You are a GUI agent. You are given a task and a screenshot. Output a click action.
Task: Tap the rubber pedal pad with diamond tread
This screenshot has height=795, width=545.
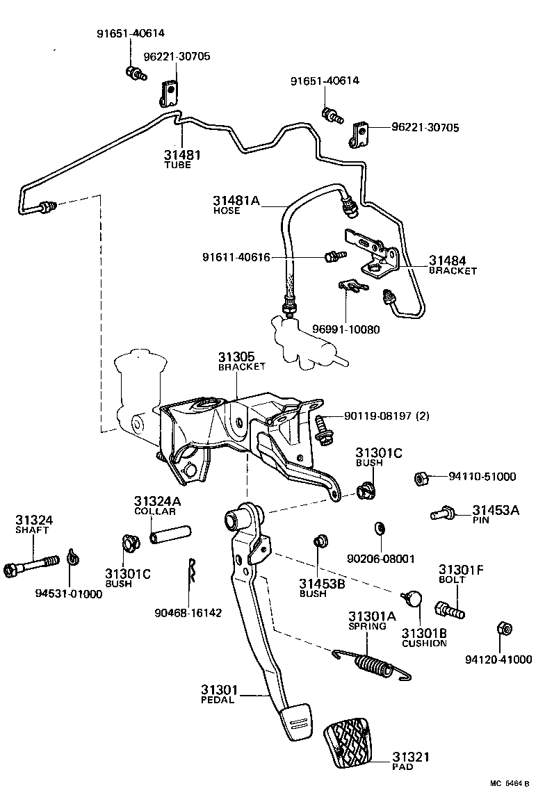355,743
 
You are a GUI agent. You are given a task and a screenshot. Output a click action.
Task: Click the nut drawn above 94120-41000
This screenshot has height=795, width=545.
505,629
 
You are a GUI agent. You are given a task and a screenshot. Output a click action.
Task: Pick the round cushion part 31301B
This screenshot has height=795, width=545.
416,597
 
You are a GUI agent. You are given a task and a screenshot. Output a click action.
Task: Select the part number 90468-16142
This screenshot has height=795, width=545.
188,613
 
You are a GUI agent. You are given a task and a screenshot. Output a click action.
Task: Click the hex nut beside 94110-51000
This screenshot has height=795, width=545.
421,477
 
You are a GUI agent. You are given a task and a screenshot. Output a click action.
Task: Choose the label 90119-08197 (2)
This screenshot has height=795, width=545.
387,416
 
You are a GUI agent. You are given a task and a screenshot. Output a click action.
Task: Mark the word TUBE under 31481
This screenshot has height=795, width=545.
177,165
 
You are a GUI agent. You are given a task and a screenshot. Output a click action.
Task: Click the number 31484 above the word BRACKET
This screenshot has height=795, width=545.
448,261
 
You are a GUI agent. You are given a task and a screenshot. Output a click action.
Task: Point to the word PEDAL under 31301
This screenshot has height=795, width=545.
218,700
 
